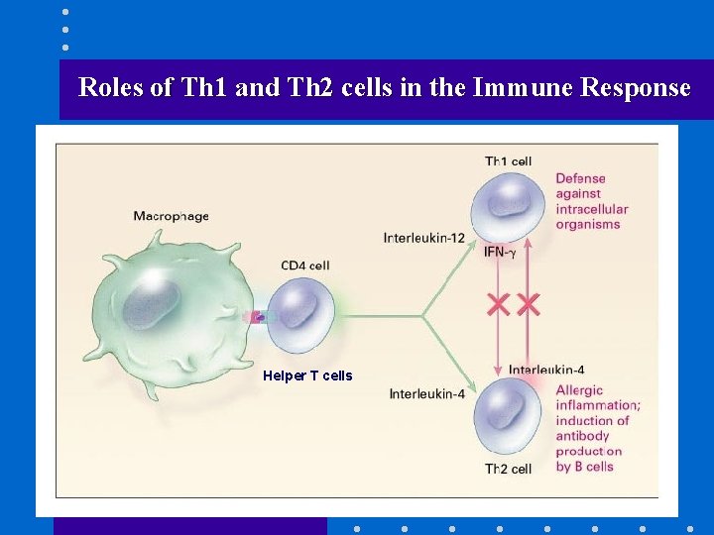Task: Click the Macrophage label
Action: [171, 216]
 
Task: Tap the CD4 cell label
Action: [304, 266]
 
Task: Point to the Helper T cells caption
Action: [307, 375]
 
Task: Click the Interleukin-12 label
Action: [424, 237]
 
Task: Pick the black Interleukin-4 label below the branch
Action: [426, 394]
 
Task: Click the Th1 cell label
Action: [508, 160]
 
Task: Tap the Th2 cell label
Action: [508, 469]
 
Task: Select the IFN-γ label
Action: [500, 253]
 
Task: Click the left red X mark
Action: [498, 304]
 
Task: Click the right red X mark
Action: [529, 304]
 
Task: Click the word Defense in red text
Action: [580, 179]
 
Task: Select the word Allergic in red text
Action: [579, 390]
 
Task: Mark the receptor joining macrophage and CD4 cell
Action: [257, 317]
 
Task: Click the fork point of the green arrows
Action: [423, 316]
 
